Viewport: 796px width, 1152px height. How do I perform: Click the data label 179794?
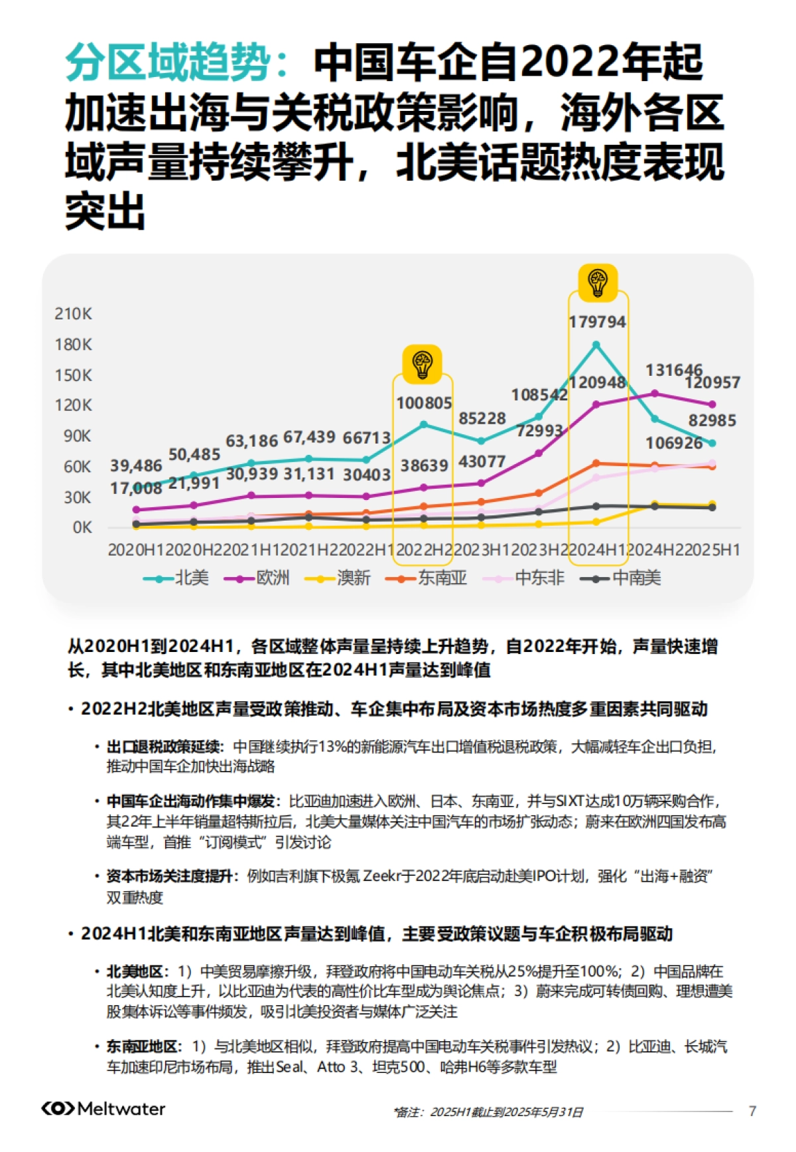click(597, 322)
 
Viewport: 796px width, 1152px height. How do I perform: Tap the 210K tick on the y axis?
click(73, 313)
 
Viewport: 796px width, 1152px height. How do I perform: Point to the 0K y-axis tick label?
click(82, 528)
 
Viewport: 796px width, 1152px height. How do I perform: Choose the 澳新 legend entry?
click(338, 578)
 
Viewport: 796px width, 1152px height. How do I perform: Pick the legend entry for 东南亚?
click(427, 578)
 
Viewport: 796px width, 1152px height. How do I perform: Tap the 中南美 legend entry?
click(621, 578)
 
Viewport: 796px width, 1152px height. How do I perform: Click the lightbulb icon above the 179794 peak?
click(598, 282)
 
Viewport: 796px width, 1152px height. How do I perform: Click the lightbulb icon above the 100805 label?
click(423, 364)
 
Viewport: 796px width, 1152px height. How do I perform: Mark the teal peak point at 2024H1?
click(596, 345)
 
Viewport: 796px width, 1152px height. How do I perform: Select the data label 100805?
click(424, 403)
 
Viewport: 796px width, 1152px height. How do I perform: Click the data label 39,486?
click(136, 466)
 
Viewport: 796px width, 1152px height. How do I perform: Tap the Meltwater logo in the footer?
click(103, 1109)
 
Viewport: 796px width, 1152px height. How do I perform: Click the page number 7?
click(752, 1111)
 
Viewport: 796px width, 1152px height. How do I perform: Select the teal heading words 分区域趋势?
click(168, 62)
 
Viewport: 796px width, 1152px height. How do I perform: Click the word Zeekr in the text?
click(382, 876)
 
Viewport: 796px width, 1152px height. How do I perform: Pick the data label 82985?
click(712, 420)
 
